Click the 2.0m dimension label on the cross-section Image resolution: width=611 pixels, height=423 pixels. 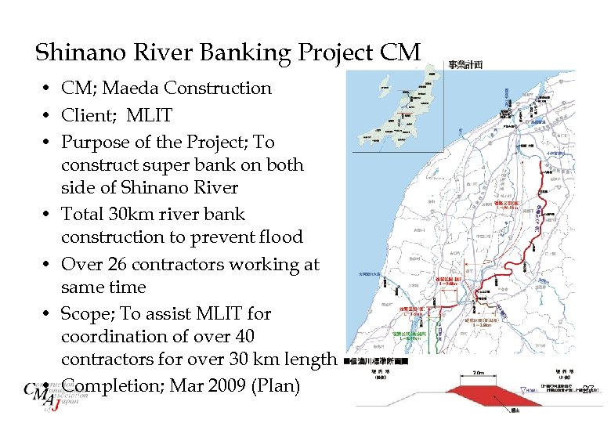(479, 374)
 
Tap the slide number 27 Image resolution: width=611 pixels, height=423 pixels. (590, 389)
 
